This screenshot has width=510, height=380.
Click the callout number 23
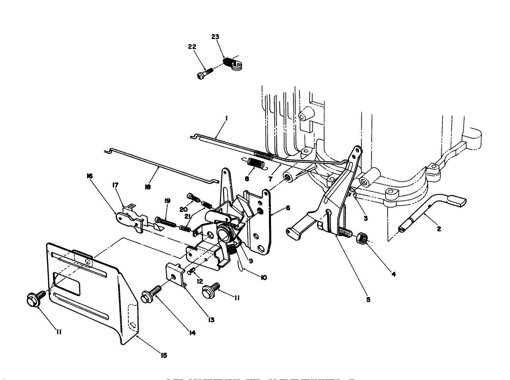click(215, 37)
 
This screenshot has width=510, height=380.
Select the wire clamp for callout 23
click(232, 64)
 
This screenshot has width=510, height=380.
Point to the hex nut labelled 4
click(362, 237)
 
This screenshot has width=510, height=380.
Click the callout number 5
click(368, 299)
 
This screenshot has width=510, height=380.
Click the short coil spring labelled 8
click(256, 162)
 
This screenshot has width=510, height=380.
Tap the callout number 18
click(148, 187)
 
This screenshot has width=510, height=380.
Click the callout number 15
click(164, 356)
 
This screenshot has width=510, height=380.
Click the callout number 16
click(90, 176)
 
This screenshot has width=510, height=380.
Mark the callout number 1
click(226, 118)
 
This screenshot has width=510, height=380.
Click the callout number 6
click(288, 208)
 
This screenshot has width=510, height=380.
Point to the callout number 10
click(263, 277)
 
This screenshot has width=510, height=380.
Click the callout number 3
click(366, 218)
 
